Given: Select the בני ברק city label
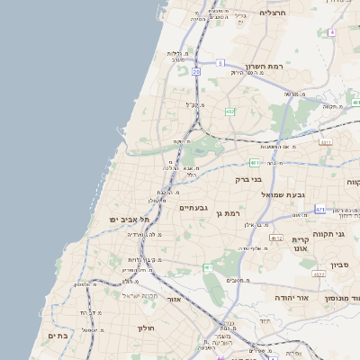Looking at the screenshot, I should (247, 179).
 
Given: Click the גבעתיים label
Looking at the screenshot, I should (193, 208).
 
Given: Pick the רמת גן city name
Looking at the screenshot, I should (232, 212).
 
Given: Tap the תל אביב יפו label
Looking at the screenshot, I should (130, 219).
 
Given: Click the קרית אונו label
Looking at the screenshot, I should (301, 244).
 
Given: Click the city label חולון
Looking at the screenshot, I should (147, 328).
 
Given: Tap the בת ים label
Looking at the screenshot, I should (57, 335).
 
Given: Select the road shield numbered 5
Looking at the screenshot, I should (220, 62).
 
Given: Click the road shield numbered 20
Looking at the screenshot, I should (196, 70).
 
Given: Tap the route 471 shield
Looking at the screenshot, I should (319, 210).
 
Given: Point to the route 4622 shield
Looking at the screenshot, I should (319, 274).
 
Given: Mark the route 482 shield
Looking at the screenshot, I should (230, 112).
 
